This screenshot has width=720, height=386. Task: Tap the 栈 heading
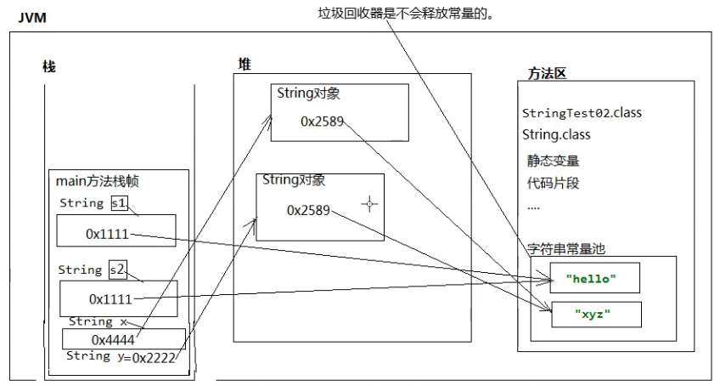pyautogui.click(x=49, y=67)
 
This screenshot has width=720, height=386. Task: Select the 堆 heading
pyautogui.click(x=245, y=65)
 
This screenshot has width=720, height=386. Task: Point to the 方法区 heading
pyautogui.click(x=547, y=73)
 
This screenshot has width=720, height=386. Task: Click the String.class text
pyautogui.click(x=557, y=134)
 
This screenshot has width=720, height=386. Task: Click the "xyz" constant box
pyautogui.click(x=594, y=314)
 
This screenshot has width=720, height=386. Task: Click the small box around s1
pyautogui.click(x=119, y=203)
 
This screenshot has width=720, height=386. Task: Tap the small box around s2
pyautogui.click(x=117, y=270)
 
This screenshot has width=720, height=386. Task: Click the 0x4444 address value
pyautogui.click(x=114, y=339)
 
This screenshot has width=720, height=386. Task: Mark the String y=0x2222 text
pyautogui.click(x=120, y=356)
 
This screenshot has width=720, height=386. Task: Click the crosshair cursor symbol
pyautogui.click(x=368, y=203)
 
